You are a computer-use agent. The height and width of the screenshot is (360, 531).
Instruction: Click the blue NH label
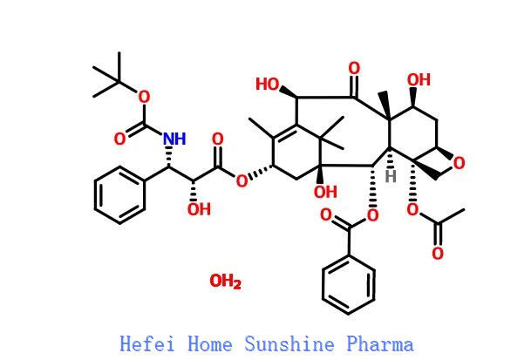(x=174, y=139)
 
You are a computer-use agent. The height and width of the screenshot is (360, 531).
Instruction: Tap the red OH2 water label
(x=226, y=282)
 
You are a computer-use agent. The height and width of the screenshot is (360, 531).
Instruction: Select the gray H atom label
(x=391, y=176)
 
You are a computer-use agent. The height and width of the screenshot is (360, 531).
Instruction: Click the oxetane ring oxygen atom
(x=459, y=163)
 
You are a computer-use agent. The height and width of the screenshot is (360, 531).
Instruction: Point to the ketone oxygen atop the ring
(x=354, y=68)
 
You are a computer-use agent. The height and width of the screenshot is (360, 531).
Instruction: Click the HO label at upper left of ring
(x=267, y=84)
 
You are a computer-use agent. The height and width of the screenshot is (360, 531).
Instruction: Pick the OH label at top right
(x=419, y=80)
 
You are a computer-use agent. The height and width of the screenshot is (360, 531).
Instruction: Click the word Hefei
(x=147, y=343)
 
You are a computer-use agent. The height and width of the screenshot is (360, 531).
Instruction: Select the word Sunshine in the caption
(x=289, y=343)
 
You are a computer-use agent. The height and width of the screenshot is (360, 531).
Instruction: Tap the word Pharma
(x=380, y=343)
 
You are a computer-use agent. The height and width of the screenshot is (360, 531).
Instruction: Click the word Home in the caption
(x=210, y=343)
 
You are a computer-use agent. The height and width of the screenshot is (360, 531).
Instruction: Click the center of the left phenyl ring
(x=119, y=194)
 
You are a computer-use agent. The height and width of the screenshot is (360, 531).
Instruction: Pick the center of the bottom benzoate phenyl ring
(x=349, y=285)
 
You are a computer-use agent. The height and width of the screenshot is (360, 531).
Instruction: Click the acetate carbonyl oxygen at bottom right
(x=438, y=254)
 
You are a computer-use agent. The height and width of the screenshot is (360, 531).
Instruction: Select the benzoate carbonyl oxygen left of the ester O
(x=326, y=214)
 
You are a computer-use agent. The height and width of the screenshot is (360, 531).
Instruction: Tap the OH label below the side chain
(x=199, y=209)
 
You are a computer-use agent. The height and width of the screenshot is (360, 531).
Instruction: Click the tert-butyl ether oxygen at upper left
(x=144, y=98)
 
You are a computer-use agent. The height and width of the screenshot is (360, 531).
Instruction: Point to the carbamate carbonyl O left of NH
(x=119, y=139)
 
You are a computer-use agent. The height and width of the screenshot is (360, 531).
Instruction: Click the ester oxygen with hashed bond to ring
(x=242, y=180)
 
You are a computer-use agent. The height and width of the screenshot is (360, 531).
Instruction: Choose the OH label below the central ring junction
(x=325, y=192)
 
